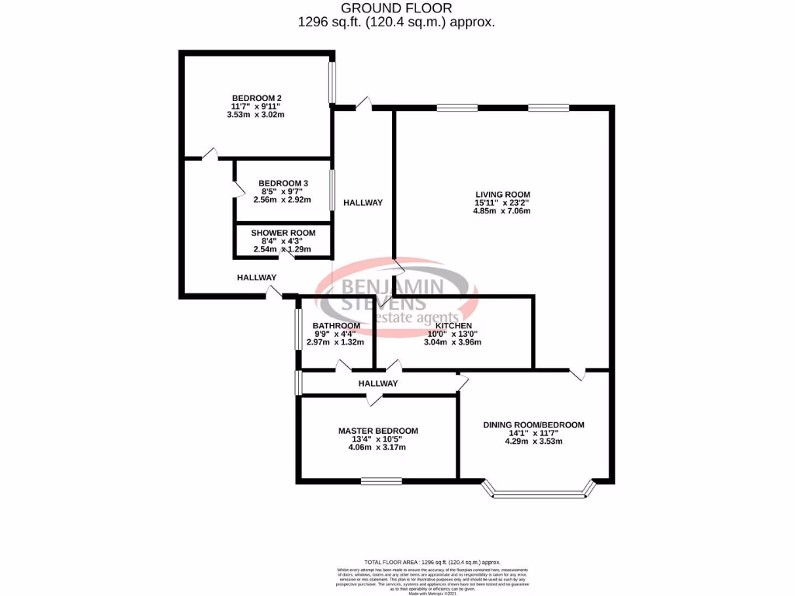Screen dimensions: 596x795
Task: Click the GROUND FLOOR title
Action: [397, 9]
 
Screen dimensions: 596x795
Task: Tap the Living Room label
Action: [503, 194]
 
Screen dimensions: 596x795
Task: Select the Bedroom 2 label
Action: [256, 98]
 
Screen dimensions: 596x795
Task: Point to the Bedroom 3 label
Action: [283, 183]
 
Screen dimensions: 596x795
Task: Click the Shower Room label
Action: [283, 233]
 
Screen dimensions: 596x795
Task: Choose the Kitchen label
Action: [453, 325]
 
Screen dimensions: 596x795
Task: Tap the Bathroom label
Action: [336, 325]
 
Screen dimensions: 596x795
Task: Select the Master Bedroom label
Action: [378, 431]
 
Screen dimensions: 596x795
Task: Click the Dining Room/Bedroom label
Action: [533, 424]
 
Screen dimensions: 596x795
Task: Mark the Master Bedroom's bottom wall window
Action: [381, 480]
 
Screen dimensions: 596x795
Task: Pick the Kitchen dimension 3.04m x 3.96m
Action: [453, 342]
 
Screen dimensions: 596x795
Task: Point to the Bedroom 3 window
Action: [332, 189]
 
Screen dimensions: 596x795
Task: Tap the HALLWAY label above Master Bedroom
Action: [378, 383]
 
